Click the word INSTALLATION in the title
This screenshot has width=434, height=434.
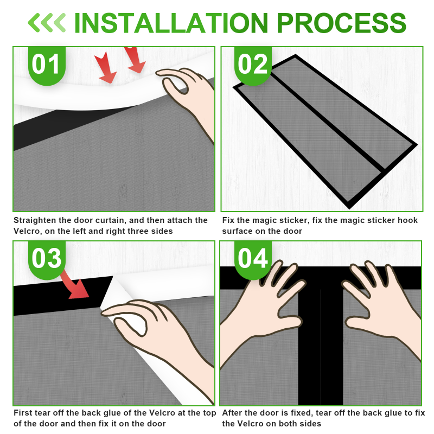(171, 23)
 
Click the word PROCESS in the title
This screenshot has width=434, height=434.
(341, 23)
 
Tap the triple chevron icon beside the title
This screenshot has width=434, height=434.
(47, 23)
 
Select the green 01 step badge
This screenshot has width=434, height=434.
(47, 66)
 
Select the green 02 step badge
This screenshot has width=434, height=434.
(253, 66)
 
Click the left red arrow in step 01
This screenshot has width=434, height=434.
(105, 67)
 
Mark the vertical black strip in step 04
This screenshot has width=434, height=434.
(321, 346)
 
